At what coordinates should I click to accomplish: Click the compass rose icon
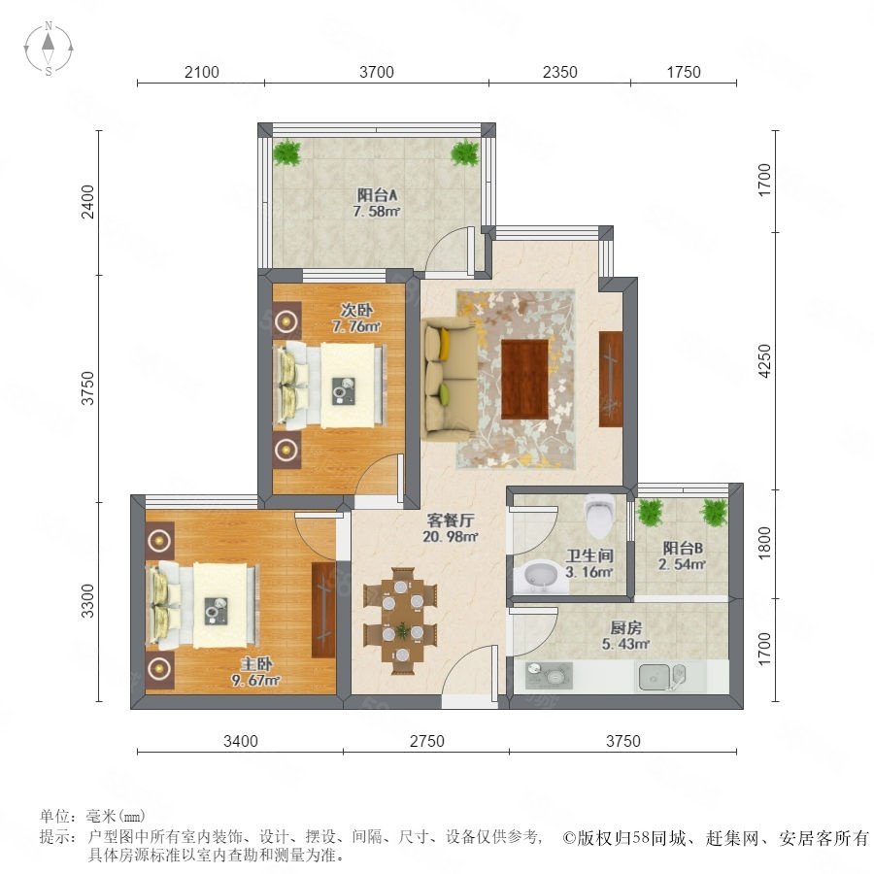point(49,49)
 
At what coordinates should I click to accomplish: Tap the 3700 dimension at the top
point(377,72)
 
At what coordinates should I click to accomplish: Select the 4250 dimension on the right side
point(765,360)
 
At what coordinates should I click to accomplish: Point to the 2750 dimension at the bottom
point(427,741)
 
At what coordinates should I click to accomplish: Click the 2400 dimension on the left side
point(88,202)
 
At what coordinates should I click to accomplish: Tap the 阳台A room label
point(378,195)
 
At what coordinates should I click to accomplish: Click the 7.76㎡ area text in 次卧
point(356,326)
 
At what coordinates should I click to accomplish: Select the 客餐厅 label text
point(451,521)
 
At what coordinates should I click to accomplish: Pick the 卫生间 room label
point(589,555)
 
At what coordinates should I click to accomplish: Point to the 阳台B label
point(683,548)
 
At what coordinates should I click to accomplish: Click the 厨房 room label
point(625,627)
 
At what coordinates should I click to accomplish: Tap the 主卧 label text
point(256,664)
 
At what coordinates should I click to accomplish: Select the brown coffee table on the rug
point(524,379)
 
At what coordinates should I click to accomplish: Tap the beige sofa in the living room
point(450,379)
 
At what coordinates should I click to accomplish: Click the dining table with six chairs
point(400,621)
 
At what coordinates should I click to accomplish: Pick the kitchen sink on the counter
point(662,677)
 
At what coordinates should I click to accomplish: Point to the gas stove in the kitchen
point(549,675)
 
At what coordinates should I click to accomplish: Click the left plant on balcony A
point(287,152)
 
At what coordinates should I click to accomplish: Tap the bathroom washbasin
point(536,578)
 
